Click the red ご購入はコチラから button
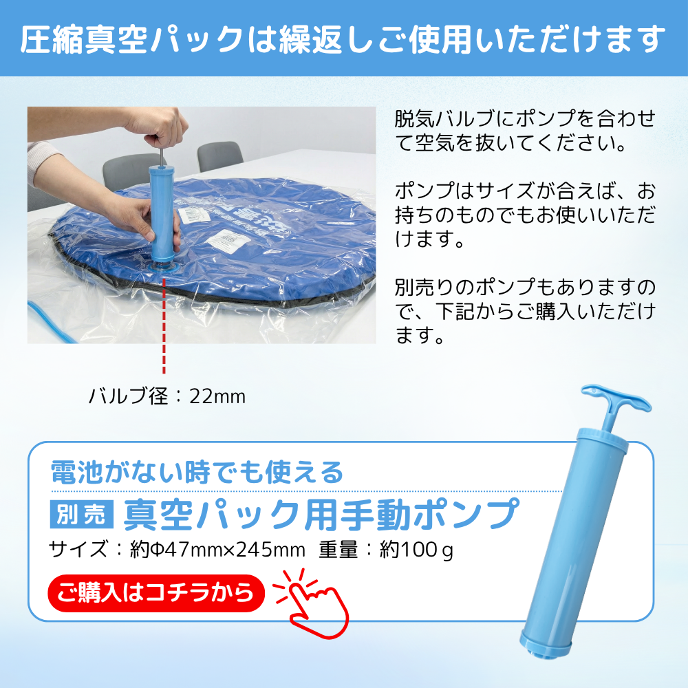(157, 592)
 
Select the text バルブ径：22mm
(167, 396)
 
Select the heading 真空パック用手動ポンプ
(320, 513)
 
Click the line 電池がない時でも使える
(197, 473)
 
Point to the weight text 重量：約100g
(386, 550)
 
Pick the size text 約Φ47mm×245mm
(217, 550)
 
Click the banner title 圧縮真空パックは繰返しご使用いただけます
(343, 39)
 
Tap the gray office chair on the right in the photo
(219, 156)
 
